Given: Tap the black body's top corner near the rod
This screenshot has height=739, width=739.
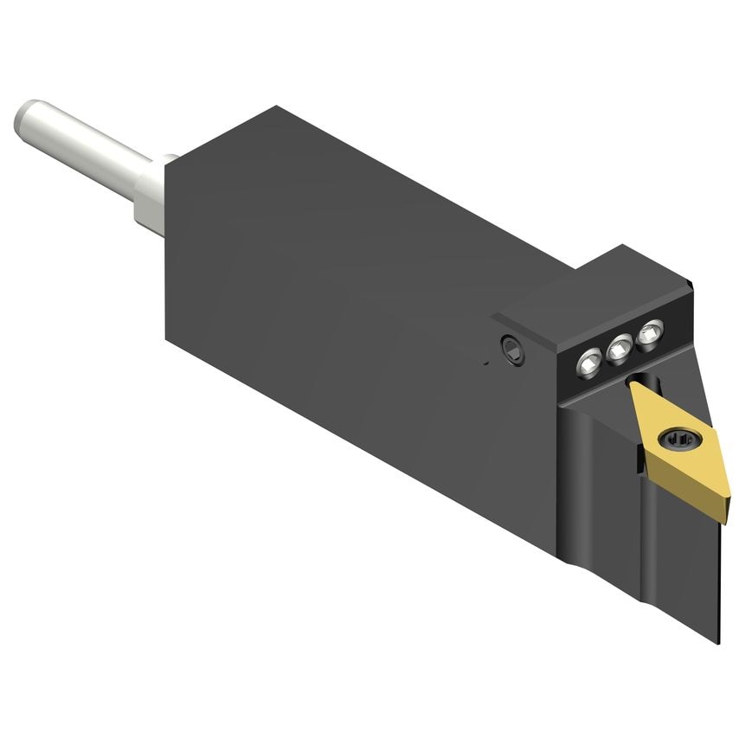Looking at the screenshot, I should point(275,107).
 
